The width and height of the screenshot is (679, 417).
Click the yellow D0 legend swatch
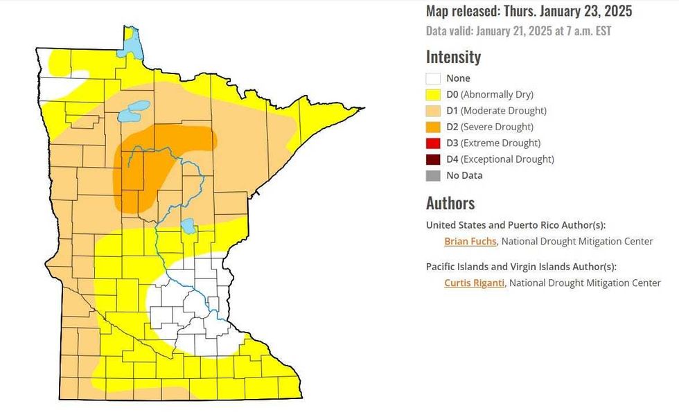pyautogui.click(x=434, y=95)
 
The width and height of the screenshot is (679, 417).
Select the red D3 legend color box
pyautogui.click(x=434, y=143)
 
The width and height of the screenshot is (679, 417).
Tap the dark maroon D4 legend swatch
pyautogui.click(x=434, y=159)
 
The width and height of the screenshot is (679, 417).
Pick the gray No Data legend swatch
pyautogui.click(x=434, y=175)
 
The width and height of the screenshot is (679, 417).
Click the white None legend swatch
pyautogui.click(x=434, y=78)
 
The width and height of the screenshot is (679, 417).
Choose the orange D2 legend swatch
pyautogui.click(x=434, y=127)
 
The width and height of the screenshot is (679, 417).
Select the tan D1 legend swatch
pyautogui.click(x=434, y=111)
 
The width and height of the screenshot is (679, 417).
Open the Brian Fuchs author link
pyautogui.click(x=470, y=242)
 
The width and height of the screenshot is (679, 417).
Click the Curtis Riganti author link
pyautogui.click(x=474, y=283)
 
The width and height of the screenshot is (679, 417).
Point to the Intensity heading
pyautogui.click(x=453, y=57)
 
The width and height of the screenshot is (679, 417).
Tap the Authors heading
pyautogui.click(x=450, y=204)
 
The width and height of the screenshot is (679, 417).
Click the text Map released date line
pyautogui.click(x=529, y=12)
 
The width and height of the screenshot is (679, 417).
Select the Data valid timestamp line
pyautogui.click(x=518, y=31)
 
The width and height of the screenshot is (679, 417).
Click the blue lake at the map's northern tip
pyautogui.click(x=130, y=43)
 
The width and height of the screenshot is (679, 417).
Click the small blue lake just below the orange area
pyautogui.click(x=187, y=226)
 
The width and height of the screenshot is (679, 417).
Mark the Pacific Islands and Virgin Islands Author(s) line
pyautogui.click(x=521, y=267)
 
